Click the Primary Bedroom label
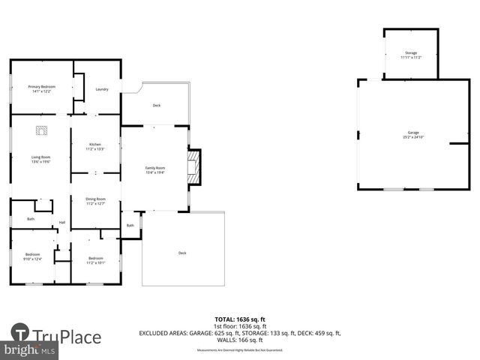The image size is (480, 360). [x=40, y=89]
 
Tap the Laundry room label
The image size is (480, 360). [x=102, y=89]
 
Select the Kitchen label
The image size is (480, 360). [x=95, y=146]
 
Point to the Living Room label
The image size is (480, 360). [x=40, y=158]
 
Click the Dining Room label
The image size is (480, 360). [x=95, y=201]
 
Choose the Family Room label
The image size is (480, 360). [x=154, y=169]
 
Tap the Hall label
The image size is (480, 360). [x=62, y=222]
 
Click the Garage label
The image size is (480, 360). [x=413, y=135]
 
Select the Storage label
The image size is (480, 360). [x=410, y=55]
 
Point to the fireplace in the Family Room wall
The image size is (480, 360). [x=195, y=166]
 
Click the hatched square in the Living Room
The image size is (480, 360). [x=41, y=130]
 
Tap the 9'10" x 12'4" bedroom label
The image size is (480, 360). [x=31, y=256]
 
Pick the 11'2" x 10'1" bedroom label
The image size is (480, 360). [x=95, y=260]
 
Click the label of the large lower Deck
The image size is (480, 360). [x=182, y=253]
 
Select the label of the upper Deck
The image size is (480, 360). [x=156, y=105]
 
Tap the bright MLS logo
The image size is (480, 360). [x=29, y=350]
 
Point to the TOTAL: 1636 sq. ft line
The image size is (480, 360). [x=240, y=319]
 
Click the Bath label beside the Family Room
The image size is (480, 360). [x=130, y=225]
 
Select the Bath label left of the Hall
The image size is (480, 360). [x=31, y=219]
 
